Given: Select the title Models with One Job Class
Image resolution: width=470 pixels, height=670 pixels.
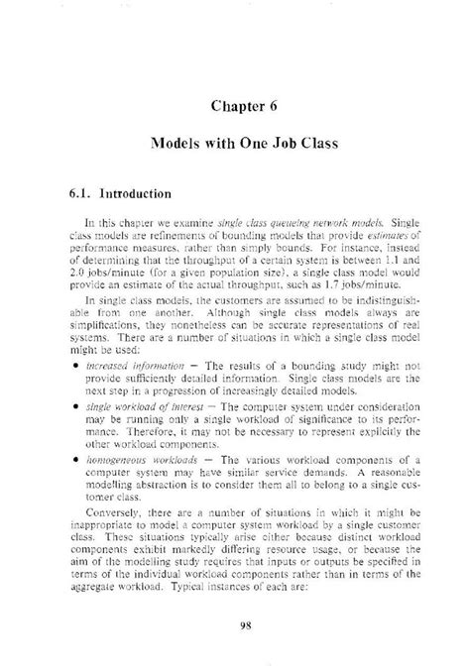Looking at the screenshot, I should click(244, 144).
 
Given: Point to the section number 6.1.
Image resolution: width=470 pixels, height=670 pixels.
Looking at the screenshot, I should click(81, 193).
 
